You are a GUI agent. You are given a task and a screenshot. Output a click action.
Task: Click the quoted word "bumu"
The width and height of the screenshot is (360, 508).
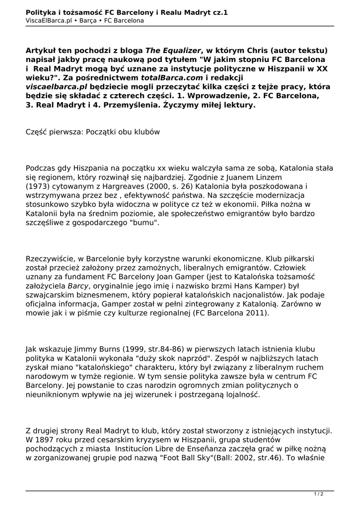click(x=144, y=223)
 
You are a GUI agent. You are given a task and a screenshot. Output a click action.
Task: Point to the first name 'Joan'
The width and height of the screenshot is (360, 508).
click(x=173, y=277)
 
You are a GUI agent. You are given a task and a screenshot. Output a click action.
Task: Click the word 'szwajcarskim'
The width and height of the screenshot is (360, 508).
click(x=52, y=295)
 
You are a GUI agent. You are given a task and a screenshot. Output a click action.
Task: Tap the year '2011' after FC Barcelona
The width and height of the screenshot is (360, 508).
click(x=256, y=313)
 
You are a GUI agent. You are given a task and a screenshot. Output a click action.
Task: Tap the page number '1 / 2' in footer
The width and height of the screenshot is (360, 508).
click(x=318, y=494)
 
